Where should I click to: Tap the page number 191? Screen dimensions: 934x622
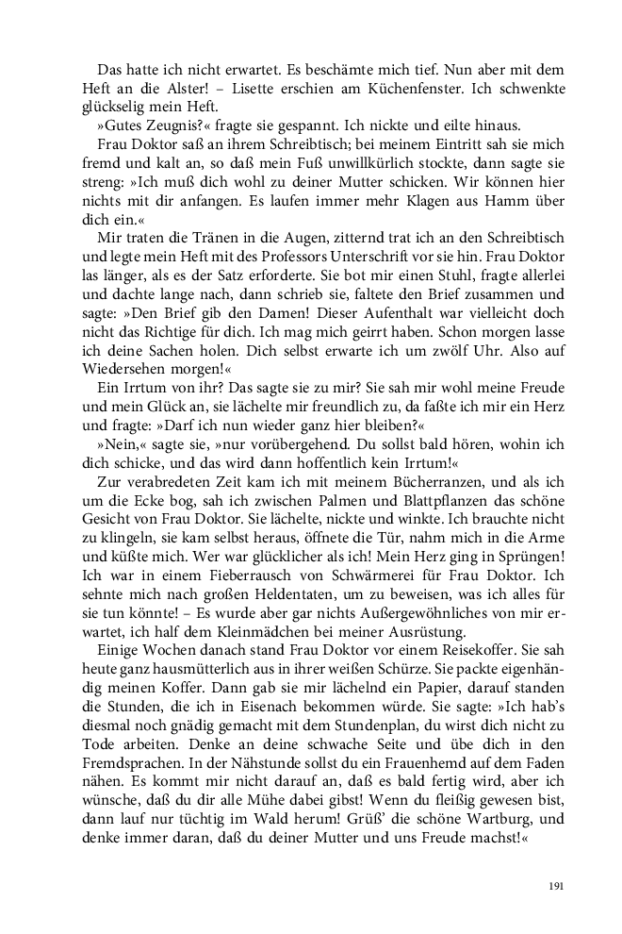(x=555, y=886)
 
